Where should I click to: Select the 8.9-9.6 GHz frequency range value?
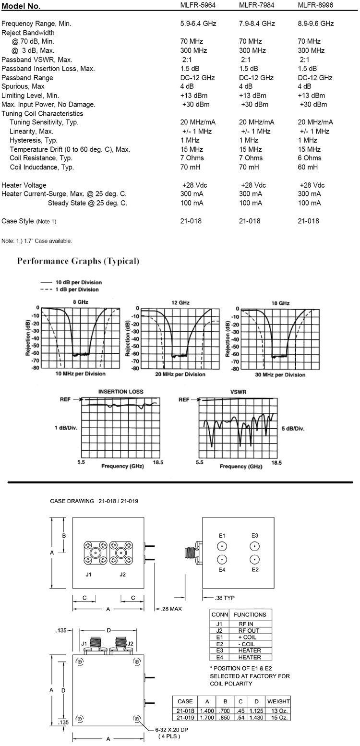pyautogui.click(x=316, y=24)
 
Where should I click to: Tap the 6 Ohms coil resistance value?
pyautogui.click(x=310, y=158)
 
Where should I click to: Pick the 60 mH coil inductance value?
pyautogui.click(x=308, y=167)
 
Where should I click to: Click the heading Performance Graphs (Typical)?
pyautogui.click(x=78, y=262)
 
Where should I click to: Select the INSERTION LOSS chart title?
pyautogui.click(x=120, y=392)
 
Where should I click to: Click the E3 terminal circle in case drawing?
pyautogui.click(x=254, y=546)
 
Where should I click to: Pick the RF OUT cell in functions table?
pyautogui.click(x=249, y=630)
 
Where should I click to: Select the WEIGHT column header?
pyautogui.click(x=278, y=701)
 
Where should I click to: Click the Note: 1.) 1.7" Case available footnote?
pyautogui.click(x=37, y=241)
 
